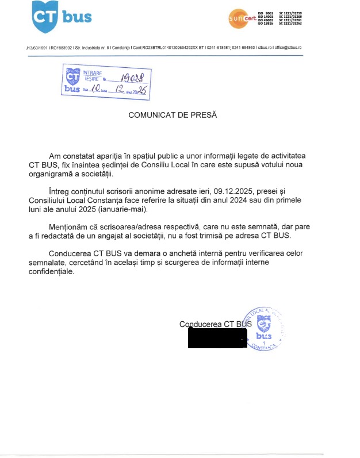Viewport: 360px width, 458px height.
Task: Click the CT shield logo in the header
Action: (x=44, y=17)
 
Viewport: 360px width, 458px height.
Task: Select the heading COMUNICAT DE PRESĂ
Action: (x=173, y=115)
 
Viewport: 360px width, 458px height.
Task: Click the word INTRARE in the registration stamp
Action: (x=92, y=74)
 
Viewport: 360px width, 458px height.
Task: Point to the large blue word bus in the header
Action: (x=76, y=17)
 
